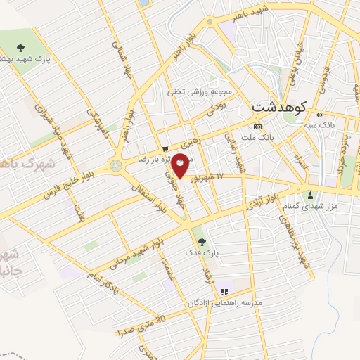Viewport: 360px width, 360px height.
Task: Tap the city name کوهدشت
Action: point(281,107)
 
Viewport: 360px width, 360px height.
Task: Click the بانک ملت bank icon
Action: point(257,127)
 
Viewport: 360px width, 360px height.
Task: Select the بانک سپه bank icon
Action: point(320,115)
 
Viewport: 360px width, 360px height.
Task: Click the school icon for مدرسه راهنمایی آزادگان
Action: point(224,292)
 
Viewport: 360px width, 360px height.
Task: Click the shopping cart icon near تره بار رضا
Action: point(165,148)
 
